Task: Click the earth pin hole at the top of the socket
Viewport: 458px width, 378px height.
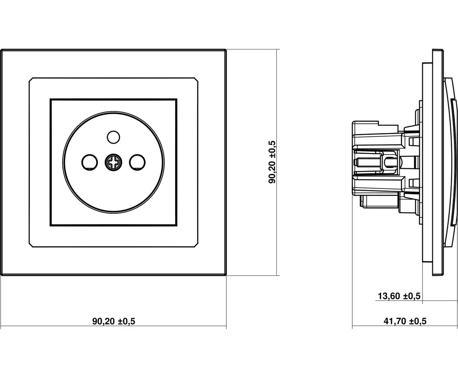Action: click(113, 137)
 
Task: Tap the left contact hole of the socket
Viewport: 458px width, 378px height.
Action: click(89, 162)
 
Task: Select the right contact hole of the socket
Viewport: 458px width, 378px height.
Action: click(137, 162)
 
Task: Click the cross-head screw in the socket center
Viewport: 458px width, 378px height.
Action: click(113, 162)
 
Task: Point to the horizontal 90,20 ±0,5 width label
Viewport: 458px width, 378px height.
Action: click(114, 321)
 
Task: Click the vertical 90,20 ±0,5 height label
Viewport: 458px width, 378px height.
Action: click(272, 162)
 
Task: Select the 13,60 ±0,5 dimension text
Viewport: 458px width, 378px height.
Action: click(399, 296)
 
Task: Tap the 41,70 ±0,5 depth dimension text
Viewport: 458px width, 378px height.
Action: click(405, 321)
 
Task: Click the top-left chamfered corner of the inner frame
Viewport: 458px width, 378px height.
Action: click(31, 79)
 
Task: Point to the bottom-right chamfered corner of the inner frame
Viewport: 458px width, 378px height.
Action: click(196, 245)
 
